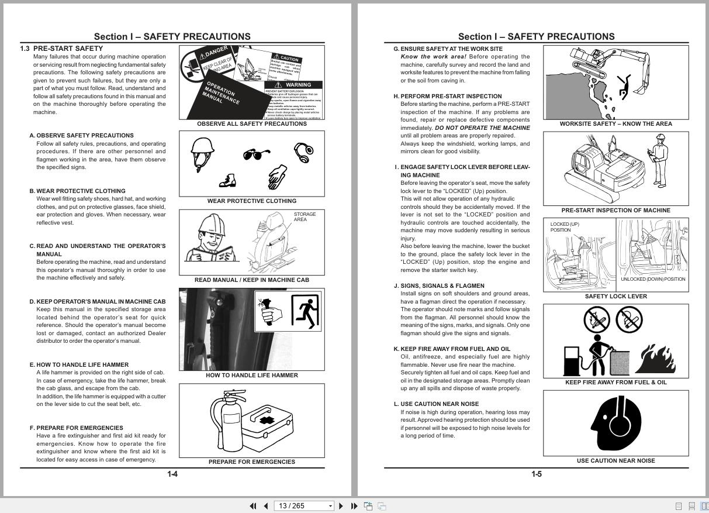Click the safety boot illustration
click(x=227, y=181)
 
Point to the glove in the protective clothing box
click(x=278, y=177)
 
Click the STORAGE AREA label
click(x=304, y=217)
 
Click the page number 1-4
click(x=172, y=474)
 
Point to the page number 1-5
click(x=536, y=474)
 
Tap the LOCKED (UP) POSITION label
click(x=564, y=227)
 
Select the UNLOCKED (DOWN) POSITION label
click(x=653, y=279)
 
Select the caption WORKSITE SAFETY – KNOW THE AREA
click(x=615, y=124)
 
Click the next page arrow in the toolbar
click(x=341, y=506)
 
